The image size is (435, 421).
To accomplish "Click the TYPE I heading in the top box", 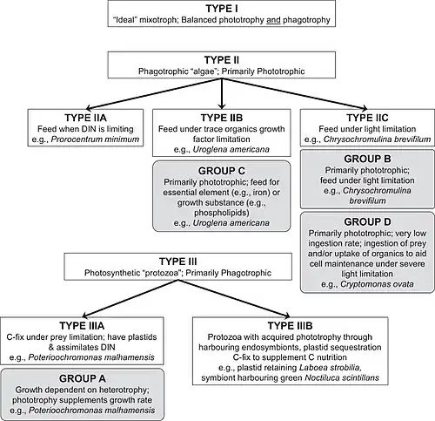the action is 222,9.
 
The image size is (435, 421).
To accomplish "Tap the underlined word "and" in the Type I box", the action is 273,20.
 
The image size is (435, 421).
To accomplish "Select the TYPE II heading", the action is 222,60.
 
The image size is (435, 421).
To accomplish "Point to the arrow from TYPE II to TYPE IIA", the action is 153,94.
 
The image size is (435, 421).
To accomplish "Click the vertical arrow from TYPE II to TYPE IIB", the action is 222,94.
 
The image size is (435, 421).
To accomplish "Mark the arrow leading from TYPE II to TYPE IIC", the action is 295,94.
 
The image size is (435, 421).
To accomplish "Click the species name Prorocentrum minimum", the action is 95,139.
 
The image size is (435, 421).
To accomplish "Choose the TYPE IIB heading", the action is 222,118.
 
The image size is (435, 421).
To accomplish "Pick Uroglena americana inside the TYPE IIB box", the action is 231,149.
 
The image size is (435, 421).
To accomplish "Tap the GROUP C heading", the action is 222,171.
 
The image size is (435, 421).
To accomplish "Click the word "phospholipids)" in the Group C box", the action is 222,213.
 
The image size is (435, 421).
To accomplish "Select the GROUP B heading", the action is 367,159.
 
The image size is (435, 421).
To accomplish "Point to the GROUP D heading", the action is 367,222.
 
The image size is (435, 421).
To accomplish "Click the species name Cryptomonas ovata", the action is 377,284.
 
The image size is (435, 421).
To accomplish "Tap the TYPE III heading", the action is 178,261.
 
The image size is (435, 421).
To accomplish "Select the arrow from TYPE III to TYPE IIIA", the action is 130,298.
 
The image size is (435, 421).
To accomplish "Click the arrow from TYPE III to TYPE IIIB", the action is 234,298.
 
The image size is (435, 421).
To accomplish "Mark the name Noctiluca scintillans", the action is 342,377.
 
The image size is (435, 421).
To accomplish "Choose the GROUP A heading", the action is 83,378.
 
